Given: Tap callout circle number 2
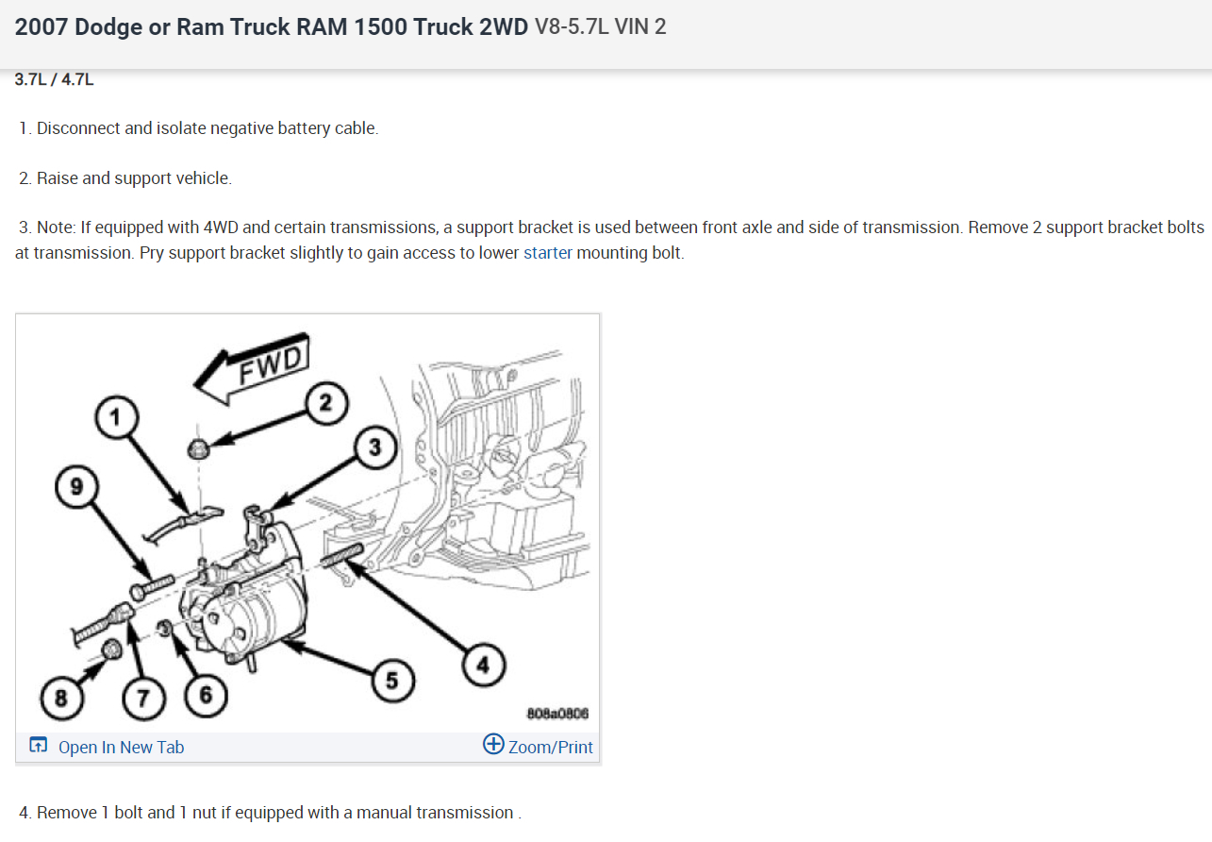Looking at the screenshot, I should coord(325,404).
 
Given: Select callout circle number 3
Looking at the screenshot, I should coord(374,447).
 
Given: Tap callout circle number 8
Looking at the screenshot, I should coord(61,699).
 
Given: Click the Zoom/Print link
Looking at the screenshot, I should coord(539,747).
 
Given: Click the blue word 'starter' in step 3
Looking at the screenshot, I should coord(548,252).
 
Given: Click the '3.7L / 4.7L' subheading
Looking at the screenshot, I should coord(55,79).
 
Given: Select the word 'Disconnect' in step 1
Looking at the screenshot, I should coord(78,128).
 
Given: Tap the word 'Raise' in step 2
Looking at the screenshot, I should coord(58,177).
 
